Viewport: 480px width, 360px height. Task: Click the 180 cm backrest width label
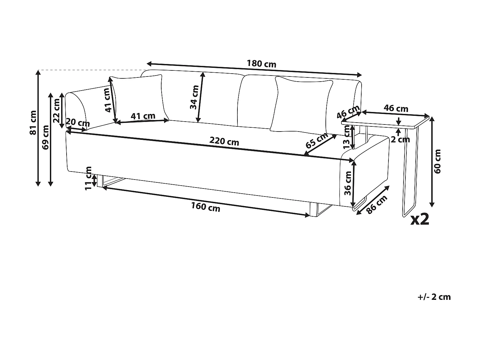[x=261, y=64]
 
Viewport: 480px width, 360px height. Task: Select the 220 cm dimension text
[x=224, y=141]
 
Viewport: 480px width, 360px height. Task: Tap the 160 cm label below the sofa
[x=206, y=207]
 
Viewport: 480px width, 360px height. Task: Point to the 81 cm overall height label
[x=33, y=122]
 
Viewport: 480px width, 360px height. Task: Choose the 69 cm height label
[x=45, y=137]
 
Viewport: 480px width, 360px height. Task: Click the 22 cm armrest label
[x=57, y=111]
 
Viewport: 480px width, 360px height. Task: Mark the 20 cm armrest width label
[x=77, y=123]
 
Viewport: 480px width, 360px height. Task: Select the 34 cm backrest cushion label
[x=194, y=97]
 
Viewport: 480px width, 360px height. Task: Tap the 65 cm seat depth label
[x=317, y=140]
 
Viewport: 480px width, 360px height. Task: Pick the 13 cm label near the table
[x=347, y=137]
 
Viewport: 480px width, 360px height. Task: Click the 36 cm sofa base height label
[x=348, y=183]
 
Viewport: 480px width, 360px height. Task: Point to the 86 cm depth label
[x=377, y=204]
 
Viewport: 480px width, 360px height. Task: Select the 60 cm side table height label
[x=438, y=161]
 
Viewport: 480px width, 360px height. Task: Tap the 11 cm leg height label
[x=88, y=178]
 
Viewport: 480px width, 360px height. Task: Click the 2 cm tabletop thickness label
[x=400, y=139]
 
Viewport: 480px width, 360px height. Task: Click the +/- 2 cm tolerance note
[x=434, y=297]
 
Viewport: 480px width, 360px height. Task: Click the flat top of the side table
[x=386, y=121]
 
